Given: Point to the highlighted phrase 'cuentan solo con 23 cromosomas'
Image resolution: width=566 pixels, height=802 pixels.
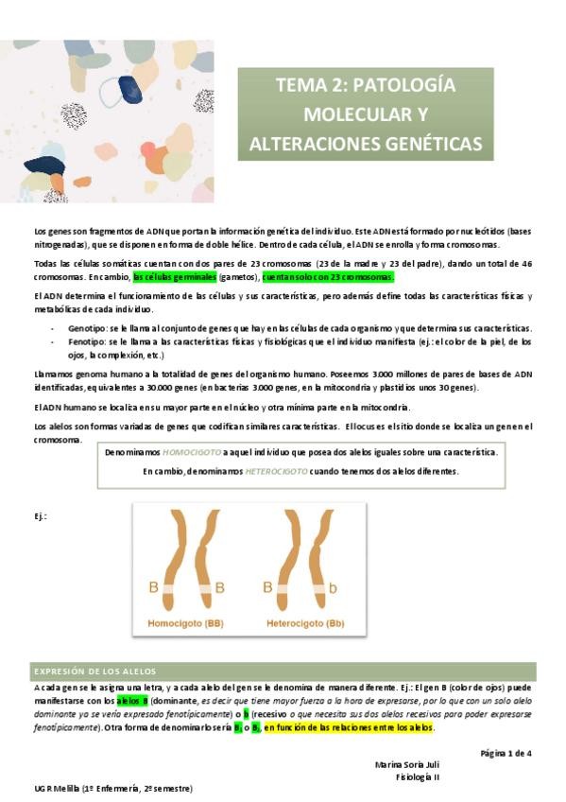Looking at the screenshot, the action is pyautogui.click(x=328, y=277).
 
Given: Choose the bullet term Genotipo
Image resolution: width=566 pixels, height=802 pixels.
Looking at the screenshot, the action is pyautogui.click(x=88, y=325).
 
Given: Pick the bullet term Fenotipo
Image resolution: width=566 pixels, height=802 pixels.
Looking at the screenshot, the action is pyautogui.click(x=87, y=340).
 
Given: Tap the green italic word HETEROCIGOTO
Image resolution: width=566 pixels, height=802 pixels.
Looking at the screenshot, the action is pyautogui.click(x=275, y=470).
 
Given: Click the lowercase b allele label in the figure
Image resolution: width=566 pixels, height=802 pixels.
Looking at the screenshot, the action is pyautogui.click(x=332, y=587).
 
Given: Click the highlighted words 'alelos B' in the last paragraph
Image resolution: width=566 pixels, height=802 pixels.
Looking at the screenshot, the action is pyautogui.click(x=133, y=701).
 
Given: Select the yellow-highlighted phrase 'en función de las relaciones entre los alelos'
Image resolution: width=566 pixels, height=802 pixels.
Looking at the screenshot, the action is pyautogui.click(x=349, y=727).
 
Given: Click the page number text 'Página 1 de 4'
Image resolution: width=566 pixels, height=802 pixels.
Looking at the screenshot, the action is pyautogui.click(x=506, y=753).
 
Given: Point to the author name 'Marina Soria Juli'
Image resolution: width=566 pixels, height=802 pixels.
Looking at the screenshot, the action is pyautogui.click(x=406, y=764).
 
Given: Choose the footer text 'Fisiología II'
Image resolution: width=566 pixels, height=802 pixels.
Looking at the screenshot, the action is pyautogui.click(x=417, y=776).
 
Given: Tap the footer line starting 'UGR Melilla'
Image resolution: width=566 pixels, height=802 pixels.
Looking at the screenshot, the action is pyautogui.click(x=113, y=787).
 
